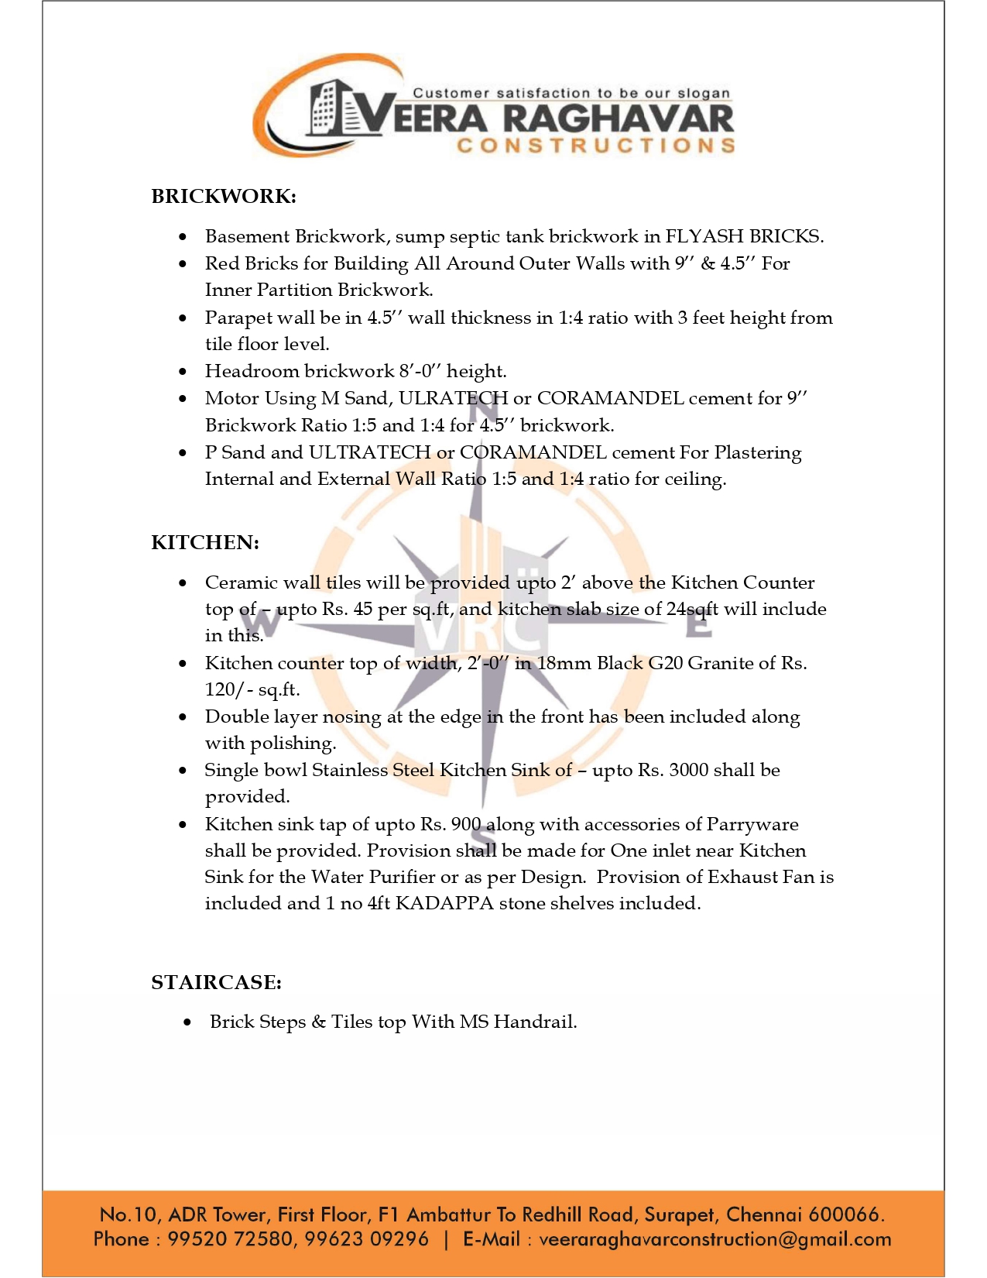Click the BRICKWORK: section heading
[224, 196]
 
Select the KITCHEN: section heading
[205, 542]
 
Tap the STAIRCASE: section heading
[216, 982]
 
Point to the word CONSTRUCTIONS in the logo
[595, 146]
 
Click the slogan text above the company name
[571, 93]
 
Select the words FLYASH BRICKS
[744, 236]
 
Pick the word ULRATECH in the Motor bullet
[453, 398]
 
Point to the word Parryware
[752, 824]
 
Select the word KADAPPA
[444, 903]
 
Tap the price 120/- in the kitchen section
[228, 689]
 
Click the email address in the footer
[715, 1239]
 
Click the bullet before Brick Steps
[187, 1022]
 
